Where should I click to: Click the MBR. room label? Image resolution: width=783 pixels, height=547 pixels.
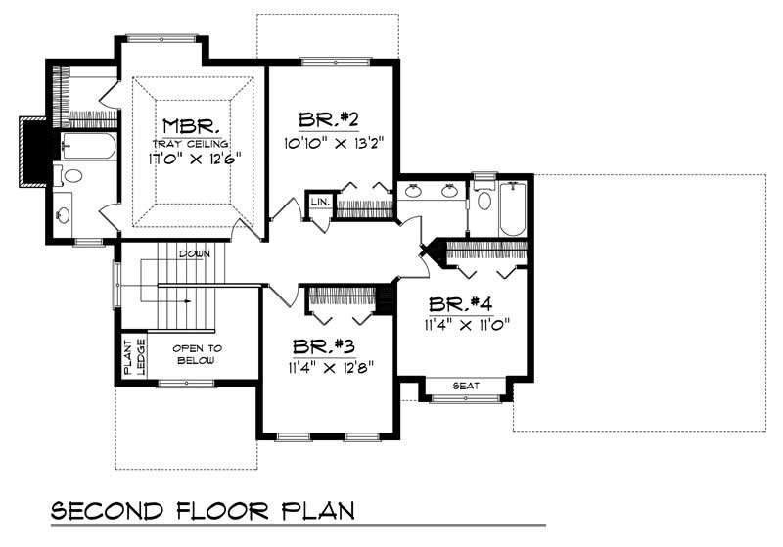click(191, 126)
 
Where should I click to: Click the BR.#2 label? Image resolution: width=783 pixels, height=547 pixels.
click(328, 121)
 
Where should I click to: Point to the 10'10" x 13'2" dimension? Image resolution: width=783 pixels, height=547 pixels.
click(333, 141)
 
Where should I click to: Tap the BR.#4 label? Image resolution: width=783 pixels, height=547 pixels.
click(463, 302)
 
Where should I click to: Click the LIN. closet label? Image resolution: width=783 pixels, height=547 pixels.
click(319, 201)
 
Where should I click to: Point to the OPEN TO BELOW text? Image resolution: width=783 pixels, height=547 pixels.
click(197, 353)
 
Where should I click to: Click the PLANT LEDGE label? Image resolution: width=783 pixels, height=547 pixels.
click(131, 357)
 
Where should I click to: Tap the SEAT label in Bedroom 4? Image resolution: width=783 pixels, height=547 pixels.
click(466, 387)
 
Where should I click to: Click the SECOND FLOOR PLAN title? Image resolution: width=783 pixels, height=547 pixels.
click(203, 511)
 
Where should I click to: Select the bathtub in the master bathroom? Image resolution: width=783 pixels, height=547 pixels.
click(88, 148)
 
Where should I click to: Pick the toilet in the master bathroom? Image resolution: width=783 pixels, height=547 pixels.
click(71, 177)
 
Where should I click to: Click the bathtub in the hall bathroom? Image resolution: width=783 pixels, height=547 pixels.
click(512, 207)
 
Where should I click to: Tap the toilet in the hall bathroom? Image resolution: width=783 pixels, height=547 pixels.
click(484, 197)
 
